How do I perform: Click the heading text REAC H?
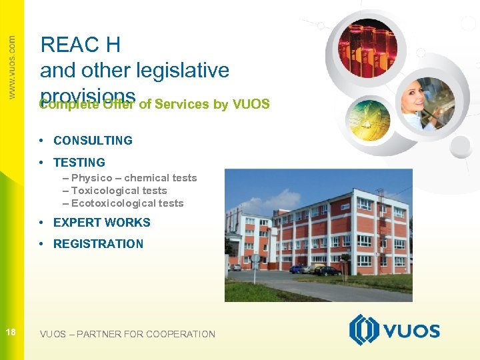[80, 45]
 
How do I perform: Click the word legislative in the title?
[182, 70]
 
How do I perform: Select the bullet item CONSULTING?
[93, 141]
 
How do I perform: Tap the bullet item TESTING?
[79, 163]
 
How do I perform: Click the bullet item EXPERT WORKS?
[101, 223]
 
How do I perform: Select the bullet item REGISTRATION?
[98, 244]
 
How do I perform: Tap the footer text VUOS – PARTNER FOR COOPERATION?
[127, 334]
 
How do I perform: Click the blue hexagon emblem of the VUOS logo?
[364, 330]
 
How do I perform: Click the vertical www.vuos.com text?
[11, 67]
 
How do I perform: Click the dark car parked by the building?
[327, 270]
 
